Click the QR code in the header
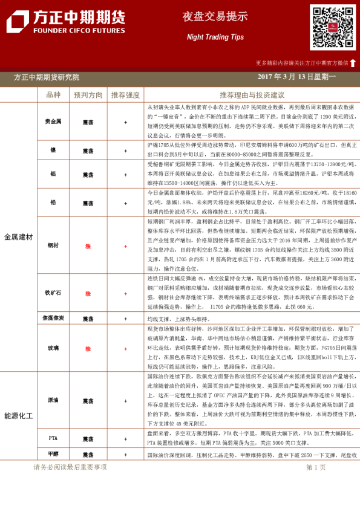click(333, 27)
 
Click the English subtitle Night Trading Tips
click(207, 37)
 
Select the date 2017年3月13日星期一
click(297, 77)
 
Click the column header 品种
click(53, 95)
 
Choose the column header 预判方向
click(88, 95)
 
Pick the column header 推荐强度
click(125, 95)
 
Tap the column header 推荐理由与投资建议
click(252, 95)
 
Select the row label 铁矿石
click(53, 293)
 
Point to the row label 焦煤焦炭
click(53, 318)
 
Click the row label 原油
click(53, 401)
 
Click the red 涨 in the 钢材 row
click(88, 245)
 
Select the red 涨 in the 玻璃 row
click(88, 349)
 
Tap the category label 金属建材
click(18, 236)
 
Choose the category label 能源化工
click(18, 416)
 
